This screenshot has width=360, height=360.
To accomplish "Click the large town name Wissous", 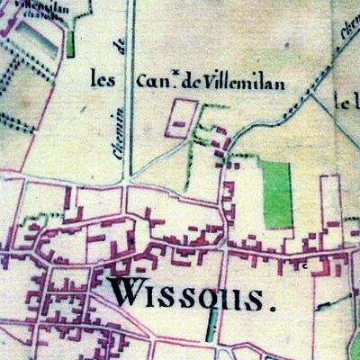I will [193, 294].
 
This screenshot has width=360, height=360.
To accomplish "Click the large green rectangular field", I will [277, 193].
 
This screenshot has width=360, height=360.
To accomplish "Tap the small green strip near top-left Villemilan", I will [70, 42].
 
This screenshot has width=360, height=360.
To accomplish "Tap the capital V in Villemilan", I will [208, 82].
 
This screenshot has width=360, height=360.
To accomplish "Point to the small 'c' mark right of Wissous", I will [304, 266].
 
